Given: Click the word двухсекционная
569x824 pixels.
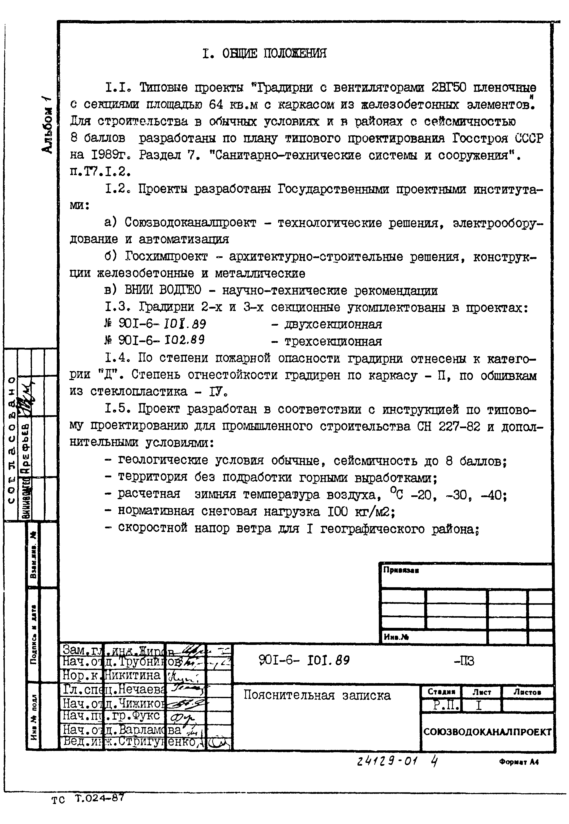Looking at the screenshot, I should click(333, 324).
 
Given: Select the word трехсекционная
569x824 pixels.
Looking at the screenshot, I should click(333, 341).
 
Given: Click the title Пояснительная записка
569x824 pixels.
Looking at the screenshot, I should click(317, 695).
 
